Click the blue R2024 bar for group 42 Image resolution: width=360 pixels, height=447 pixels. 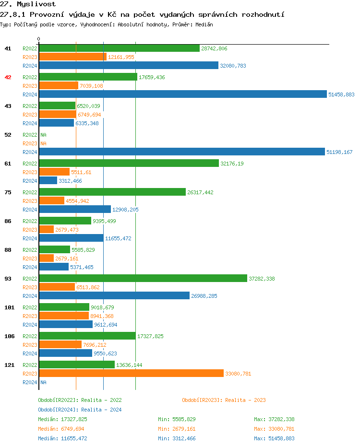tap(182, 94)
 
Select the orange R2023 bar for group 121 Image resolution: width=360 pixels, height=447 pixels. tap(131, 374)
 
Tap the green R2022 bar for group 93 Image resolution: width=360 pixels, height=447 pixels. tap(143, 279)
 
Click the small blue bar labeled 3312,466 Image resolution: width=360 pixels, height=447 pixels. tap(48, 181)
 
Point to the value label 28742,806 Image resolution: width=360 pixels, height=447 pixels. tap(214, 48)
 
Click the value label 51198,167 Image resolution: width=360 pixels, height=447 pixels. tap(339, 152)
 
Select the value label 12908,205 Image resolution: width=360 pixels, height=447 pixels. tap(125, 210)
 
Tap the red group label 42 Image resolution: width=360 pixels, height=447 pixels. tap(8, 77)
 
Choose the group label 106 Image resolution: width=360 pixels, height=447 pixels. tap(10, 336)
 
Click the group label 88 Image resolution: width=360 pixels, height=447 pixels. tap(8, 250)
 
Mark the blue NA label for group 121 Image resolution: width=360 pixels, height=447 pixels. tap(43, 382)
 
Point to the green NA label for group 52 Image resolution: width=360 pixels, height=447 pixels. tap(43, 135)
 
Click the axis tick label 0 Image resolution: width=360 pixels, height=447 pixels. tap(39, 39)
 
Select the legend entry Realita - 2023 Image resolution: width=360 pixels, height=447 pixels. tap(224, 400)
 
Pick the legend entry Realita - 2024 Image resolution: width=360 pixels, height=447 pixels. tap(80, 410)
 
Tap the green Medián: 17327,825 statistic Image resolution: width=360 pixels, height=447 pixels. tap(62, 419)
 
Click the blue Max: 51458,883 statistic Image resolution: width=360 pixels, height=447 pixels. tap(274, 438)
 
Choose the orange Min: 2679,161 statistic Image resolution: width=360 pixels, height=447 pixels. tap(177, 429)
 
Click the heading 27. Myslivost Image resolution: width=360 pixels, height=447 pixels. tap(28, 4)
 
